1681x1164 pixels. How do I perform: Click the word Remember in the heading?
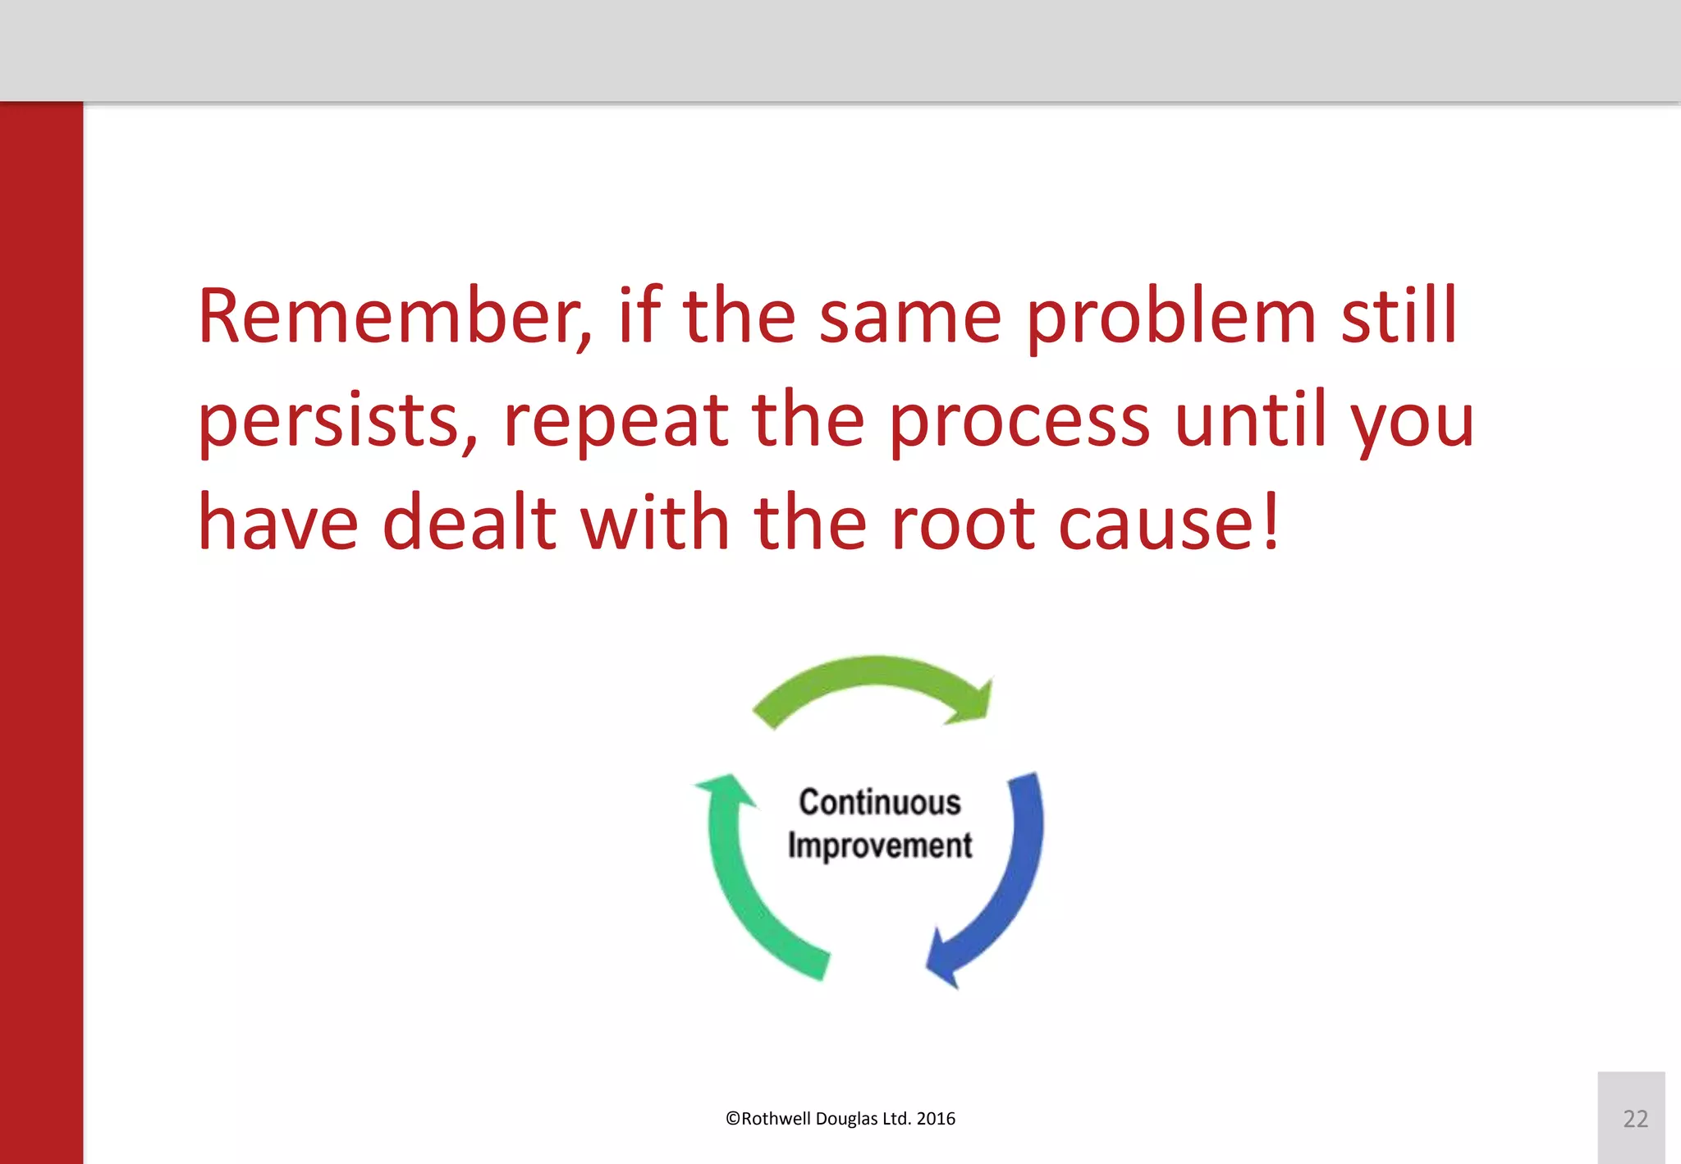pyautogui.click(x=389, y=317)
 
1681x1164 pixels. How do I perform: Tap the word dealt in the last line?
pyautogui.click(x=469, y=523)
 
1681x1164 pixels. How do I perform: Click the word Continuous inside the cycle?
pyautogui.click(x=879, y=802)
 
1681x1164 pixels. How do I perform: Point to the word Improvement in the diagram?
pyautogui.click(x=879, y=846)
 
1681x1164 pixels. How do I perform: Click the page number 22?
pyautogui.click(x=1635, y=1119)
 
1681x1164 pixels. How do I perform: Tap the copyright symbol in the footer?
pyautogui.click(x=732, y=1119)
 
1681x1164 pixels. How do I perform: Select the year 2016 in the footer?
pyautogui.click(x=936, y=1119)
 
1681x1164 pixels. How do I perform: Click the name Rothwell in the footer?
pyautogui.click(x=776, y=1119)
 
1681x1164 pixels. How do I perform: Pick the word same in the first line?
pyautogui.click(x=909, y=318)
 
